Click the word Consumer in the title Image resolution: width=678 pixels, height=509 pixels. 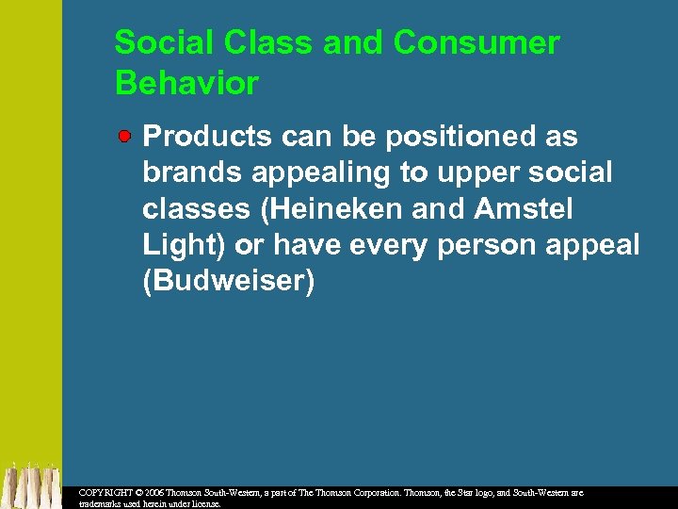click(x=476, y=43)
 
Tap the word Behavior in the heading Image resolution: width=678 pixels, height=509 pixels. click(x=186, y=83)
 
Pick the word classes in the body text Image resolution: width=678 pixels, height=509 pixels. click(x=193, y=209)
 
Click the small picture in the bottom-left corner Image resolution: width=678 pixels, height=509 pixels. click(x=31, y=485)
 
